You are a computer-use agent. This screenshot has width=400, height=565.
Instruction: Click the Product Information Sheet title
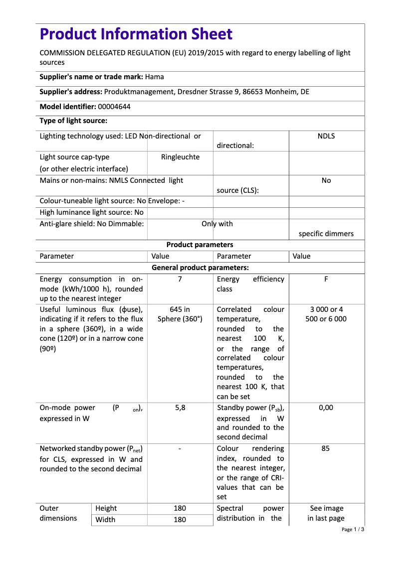136,34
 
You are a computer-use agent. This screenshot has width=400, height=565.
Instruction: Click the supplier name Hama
155,77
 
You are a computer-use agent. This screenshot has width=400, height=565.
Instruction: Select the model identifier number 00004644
115,107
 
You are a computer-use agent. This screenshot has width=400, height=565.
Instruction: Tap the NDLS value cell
326,136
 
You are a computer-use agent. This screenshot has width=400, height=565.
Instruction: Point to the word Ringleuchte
180,157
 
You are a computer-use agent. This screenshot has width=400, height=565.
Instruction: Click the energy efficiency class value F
326,280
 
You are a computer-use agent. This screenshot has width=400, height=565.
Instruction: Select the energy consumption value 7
180,280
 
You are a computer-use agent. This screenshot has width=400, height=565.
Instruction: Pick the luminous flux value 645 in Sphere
180,314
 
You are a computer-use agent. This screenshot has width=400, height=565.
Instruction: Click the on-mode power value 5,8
180,408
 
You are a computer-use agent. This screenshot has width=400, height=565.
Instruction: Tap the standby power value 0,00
326,408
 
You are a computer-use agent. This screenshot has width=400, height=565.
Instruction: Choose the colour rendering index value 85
326,448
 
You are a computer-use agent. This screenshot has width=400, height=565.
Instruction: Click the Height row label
106,508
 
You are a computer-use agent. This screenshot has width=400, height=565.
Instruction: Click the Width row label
105,520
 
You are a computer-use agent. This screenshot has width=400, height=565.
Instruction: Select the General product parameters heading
200,268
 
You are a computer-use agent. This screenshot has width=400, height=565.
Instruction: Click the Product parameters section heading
200,245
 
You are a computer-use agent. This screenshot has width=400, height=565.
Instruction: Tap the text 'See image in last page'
326,513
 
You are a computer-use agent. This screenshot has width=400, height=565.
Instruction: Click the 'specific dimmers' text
326,234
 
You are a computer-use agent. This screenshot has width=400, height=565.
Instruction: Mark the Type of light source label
73,121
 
